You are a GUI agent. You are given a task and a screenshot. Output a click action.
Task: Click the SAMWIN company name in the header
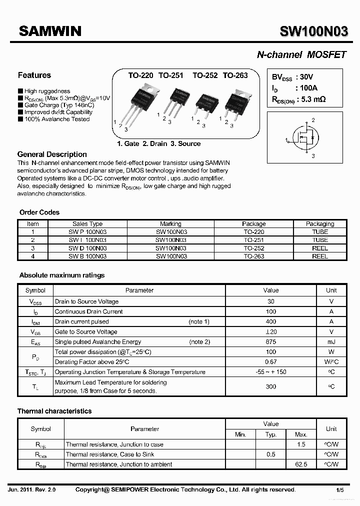pyautogui.click(x=49, y=31)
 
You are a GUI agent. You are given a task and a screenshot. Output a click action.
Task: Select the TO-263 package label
pyautogui.click(x=235, y=75)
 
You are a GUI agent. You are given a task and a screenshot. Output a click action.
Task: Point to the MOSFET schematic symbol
pyautogui.click(x=305, y=138)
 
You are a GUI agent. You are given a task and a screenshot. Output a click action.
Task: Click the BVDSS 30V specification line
pyautogui.click(x=292, y=77)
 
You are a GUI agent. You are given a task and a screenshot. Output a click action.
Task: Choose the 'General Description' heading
pyautogui.click(x=52, y=154)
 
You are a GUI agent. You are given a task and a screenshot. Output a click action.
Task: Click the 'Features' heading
pyautogui.click(x=34, y=75)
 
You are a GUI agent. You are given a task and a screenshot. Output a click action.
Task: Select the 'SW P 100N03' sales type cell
pyautogui.click(x=87, y=232)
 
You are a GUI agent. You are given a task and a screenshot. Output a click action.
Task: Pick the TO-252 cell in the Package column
pyautogui.click(x=253, y=248)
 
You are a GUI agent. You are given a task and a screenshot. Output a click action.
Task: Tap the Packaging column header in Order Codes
pyautogui.click(x=320, y=224)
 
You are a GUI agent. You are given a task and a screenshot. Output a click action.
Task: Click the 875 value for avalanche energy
pyautogui.click(x=271, y=342)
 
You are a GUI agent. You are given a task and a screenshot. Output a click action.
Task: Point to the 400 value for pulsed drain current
pyautogui.click(x=271, y=321)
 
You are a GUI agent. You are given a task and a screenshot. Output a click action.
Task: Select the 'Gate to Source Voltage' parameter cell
pyautogui.click(x=86, y=332)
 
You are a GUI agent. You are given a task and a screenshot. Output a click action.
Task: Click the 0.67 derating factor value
pyautogui.click(x=271, y=362)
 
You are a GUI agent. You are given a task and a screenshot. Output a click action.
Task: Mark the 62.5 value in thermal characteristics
pyautogui.click(x=301, y=464)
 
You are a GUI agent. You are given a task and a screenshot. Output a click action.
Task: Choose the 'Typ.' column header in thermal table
pyautogui.click(x=271, y=434)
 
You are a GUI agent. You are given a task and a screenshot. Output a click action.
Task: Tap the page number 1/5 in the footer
pyautogui.click(x=340, y=490)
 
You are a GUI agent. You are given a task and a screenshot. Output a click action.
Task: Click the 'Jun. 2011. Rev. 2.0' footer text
pyautogui.click(x=32, y=490)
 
